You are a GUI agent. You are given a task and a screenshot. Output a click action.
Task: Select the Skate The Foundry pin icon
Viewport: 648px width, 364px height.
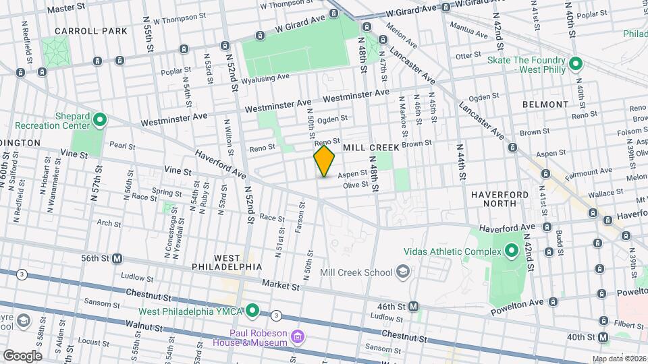tap(575, 65)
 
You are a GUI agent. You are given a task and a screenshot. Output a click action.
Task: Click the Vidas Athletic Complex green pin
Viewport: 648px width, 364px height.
tap(511, 251)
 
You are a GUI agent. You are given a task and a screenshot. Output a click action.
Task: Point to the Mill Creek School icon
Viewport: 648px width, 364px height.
tap(403, 272)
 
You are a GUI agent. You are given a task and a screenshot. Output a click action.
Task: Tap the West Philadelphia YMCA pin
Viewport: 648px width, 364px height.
tap(252, 311)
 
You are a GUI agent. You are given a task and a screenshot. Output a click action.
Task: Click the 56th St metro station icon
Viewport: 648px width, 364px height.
tap(117, 258)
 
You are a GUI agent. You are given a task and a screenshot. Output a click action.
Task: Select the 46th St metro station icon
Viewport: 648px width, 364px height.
tap(414, 306)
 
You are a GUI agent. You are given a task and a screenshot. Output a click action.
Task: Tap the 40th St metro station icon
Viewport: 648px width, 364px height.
tap(602, 336)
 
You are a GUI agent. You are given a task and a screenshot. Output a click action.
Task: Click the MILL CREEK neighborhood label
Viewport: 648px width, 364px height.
tap(369, 147)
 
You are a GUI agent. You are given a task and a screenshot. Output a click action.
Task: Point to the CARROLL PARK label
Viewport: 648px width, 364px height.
tap(90, 31)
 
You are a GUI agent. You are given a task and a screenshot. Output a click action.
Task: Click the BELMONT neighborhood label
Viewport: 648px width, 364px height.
tap(545, 104)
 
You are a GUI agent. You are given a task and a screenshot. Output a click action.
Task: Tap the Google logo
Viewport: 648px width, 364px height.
tap(22, 355)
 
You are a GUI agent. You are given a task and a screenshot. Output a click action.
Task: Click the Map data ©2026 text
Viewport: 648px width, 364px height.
tap(618, 359)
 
